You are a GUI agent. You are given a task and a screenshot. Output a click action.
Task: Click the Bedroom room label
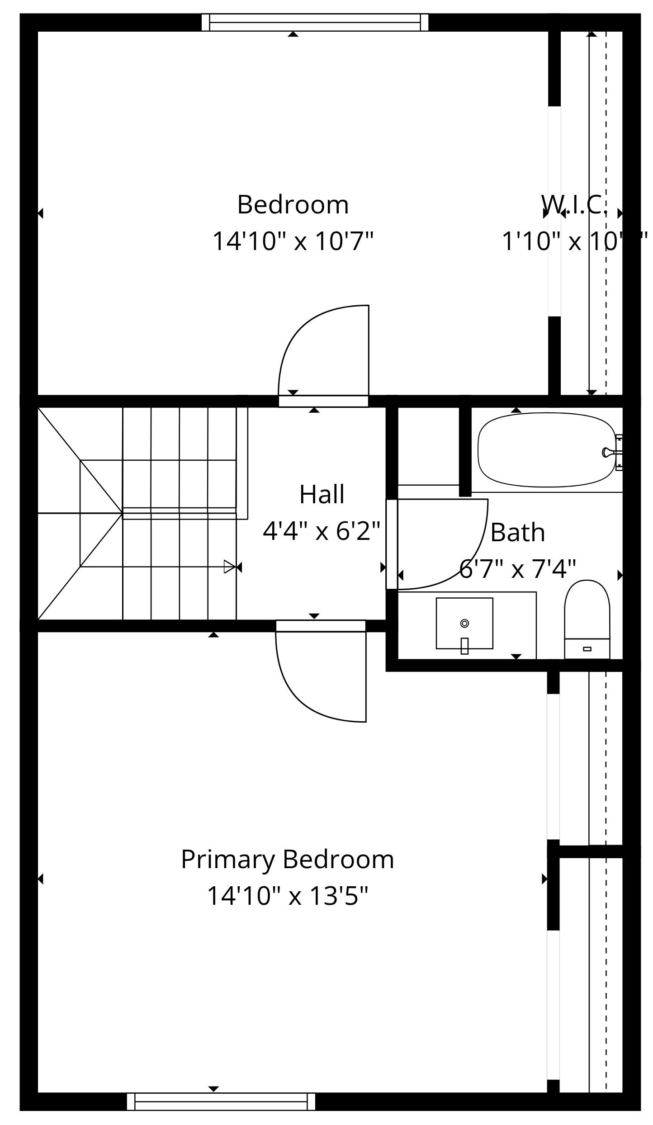[x=293, y=205]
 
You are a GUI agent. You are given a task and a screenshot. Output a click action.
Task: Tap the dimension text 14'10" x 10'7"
[x=293, y=241]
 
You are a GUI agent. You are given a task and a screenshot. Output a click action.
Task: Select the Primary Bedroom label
[x=287, y=859]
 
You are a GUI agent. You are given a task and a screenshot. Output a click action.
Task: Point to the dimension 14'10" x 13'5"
[x=287, y=895]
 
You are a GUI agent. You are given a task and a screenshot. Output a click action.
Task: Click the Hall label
[x=322, y=494]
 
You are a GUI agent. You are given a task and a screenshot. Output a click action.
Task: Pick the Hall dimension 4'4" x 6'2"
[x=322, y=531]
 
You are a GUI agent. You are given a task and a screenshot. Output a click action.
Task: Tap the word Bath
[x=517, y=532]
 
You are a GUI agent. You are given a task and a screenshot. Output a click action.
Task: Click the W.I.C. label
[x=574, y=205]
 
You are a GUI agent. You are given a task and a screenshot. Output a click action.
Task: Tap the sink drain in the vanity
[x=464, y=623]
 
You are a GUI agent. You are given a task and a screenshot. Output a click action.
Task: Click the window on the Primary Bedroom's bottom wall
[x=221, y=1102]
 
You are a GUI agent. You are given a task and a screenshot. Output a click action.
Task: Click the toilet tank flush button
[x=587, y=649]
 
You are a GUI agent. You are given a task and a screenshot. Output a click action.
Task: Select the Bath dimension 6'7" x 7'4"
[x=517, y=569]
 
